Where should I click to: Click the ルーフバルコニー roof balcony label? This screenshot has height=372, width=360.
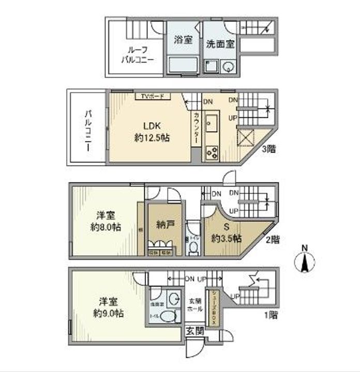pyautogui.click(x=137, y=55)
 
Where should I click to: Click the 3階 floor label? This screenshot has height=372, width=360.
pyautogui.click(x=268, y=150)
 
